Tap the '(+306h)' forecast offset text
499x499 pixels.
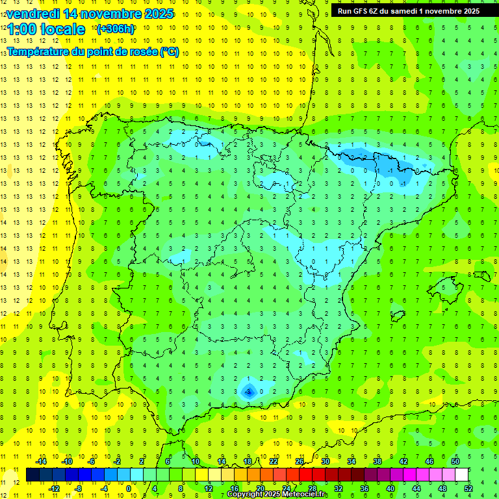point(115,29)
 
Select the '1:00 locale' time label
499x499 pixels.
point(45,29)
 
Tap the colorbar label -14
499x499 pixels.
point(41,461)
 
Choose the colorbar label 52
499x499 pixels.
point(468,488)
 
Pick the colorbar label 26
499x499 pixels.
point(300,461)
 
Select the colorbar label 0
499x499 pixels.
point(128,488)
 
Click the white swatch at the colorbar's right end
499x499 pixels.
point(461,474)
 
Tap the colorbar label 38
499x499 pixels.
point(377,461)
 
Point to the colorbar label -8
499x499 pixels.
point(79,488)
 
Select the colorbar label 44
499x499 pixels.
point(416,488)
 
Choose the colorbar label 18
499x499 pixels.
point(248,461)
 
